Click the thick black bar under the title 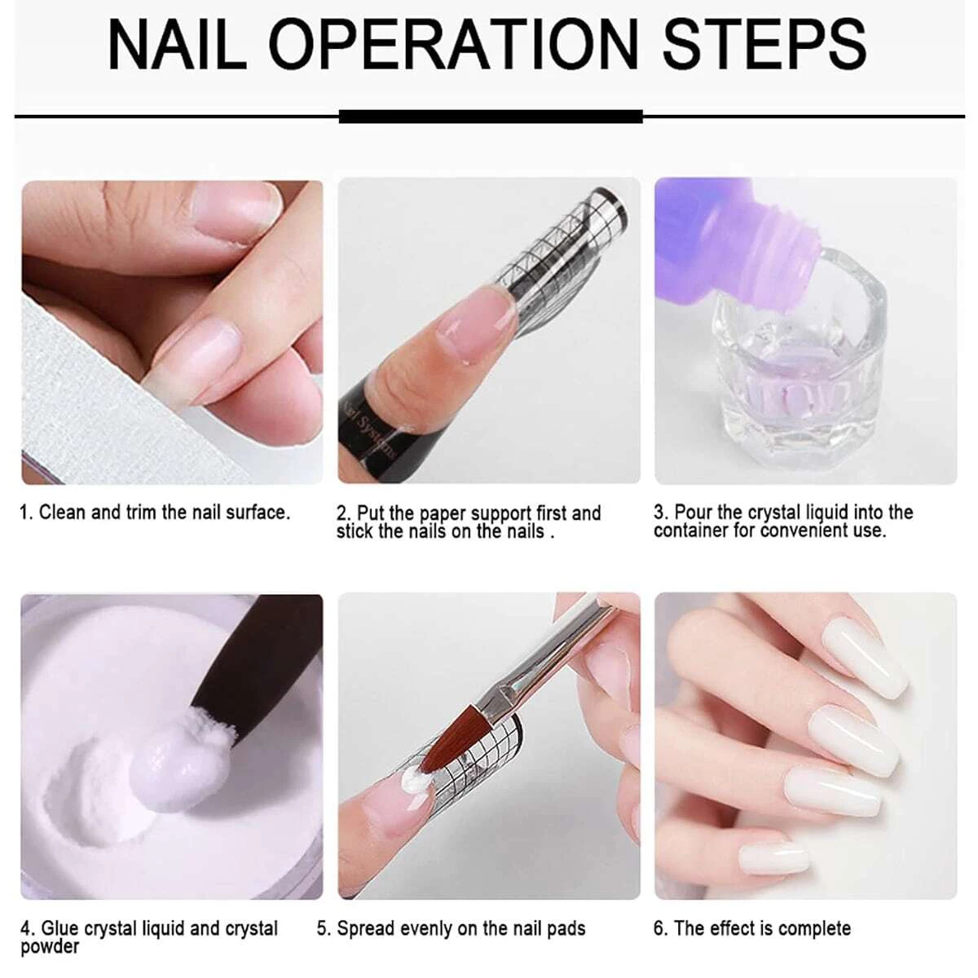point(491,117)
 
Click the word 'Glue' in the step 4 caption point(60,928)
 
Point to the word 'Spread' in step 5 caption point(365,928)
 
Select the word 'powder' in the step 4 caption point(50,947)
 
